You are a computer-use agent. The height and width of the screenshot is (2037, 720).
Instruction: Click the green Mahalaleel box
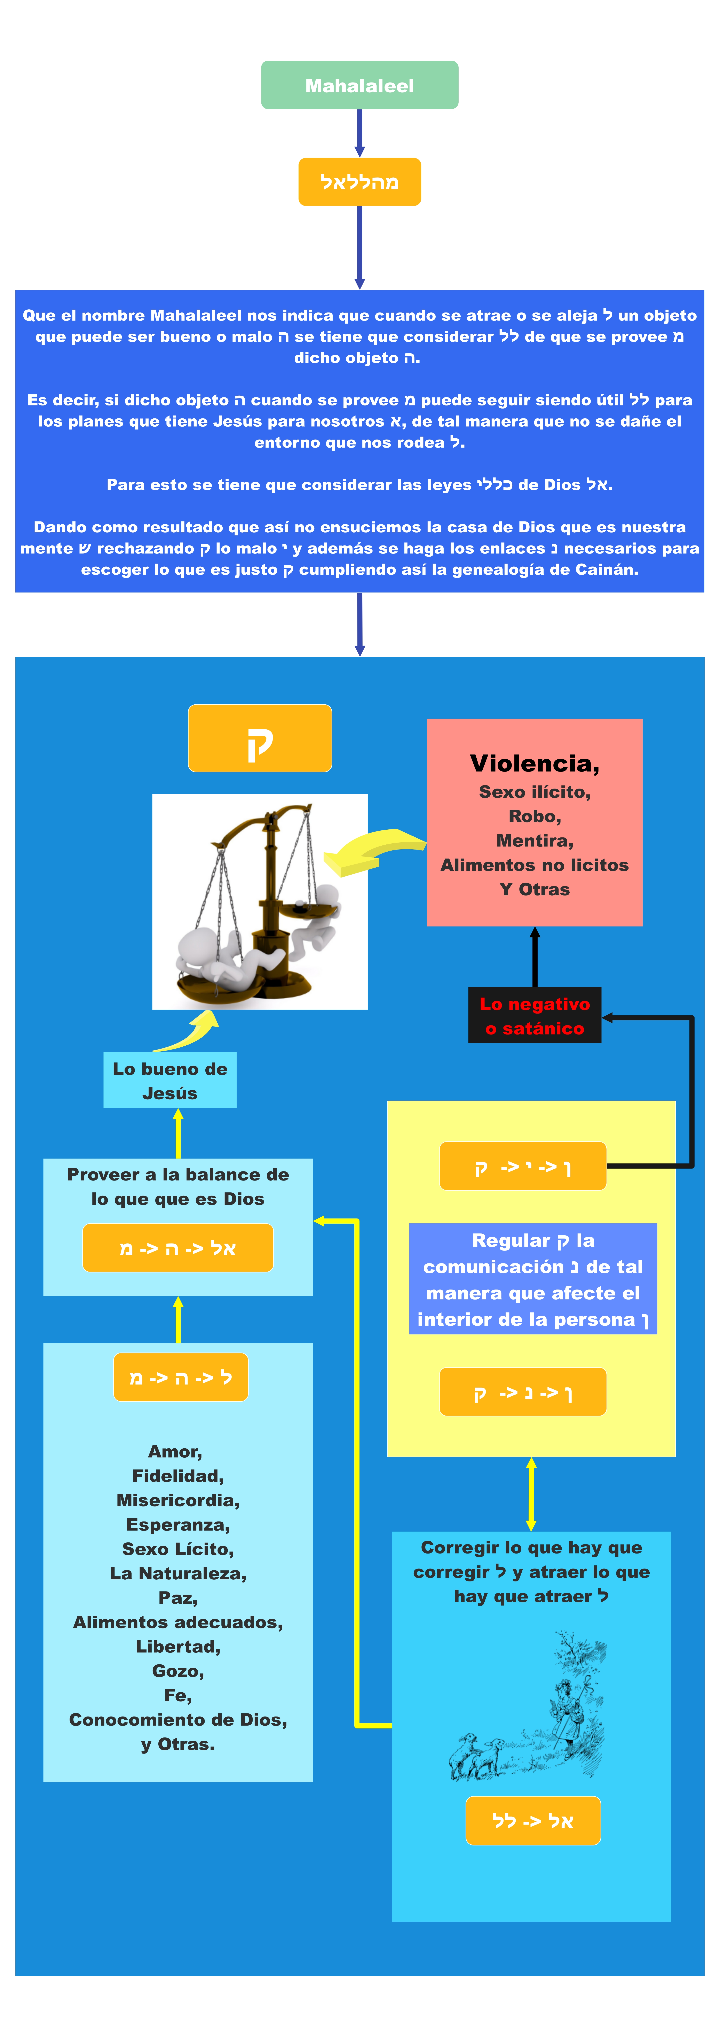360,85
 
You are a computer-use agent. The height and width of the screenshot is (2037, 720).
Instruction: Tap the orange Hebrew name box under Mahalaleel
360,182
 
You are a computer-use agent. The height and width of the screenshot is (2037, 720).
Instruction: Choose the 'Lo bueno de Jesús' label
170,1080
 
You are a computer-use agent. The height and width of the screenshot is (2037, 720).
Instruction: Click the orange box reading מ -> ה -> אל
178,1248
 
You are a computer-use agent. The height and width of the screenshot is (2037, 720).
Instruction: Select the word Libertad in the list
178,1646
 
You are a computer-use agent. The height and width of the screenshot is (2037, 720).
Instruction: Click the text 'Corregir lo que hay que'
531,1548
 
